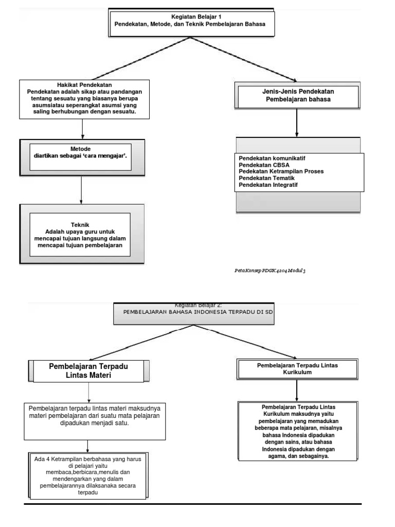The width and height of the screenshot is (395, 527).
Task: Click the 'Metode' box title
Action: click(81, 149)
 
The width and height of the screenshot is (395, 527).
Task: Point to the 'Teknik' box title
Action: click(82, 224)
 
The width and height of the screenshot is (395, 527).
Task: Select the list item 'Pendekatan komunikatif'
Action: click(276, 157)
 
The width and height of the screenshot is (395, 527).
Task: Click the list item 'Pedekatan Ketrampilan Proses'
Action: click(281, 171)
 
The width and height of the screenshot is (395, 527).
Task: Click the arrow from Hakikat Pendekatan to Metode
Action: click(82, 129)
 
